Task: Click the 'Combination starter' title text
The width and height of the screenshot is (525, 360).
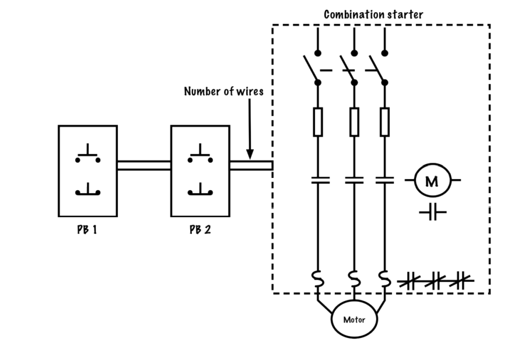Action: coord(373,14)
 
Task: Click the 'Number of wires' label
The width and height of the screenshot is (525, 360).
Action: coord(224,91)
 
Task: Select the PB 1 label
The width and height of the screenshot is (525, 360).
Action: coord(87,229)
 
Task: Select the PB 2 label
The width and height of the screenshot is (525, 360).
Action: coord(199,229)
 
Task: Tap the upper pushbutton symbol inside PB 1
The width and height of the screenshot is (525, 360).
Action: coord(87,154)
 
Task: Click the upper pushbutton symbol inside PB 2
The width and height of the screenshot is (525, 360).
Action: coord(200,154)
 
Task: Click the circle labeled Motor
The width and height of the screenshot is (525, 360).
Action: coord(354,320)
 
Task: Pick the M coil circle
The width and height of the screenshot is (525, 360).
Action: coord(432,180)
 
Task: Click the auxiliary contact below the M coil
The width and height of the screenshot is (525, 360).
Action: coord(432,212)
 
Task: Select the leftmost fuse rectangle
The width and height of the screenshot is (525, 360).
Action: coord(318,122)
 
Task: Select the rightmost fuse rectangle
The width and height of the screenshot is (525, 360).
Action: coord(384,122)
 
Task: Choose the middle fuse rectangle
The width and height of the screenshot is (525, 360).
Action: coord(353,122)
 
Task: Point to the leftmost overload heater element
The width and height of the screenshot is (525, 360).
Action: coord(318,278)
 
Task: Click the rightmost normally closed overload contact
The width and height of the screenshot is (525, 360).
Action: coord(461,282)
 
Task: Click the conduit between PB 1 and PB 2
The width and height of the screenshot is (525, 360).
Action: coord(143,165)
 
